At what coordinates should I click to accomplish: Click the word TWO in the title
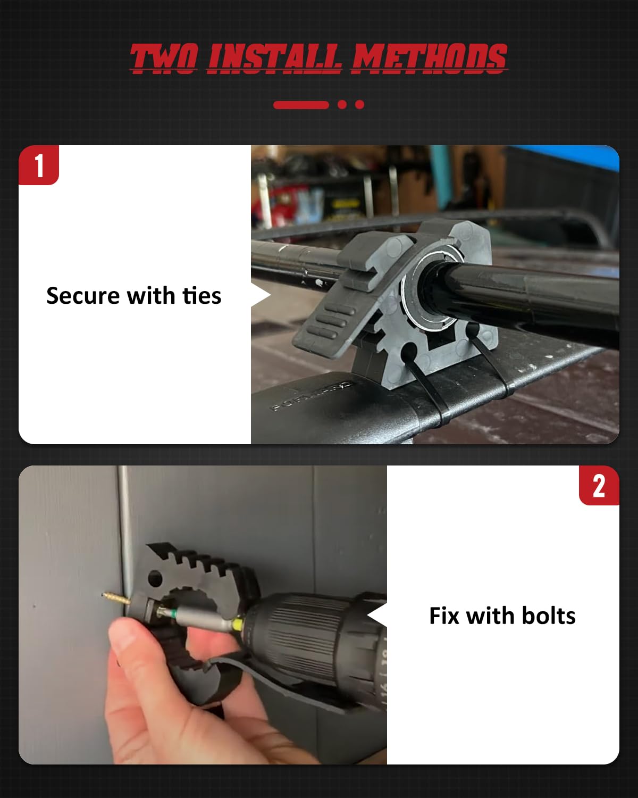[164, 58]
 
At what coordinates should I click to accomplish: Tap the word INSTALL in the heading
[274, 58]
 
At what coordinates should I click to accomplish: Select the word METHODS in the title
[429, 58]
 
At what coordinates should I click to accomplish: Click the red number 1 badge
[39, 165]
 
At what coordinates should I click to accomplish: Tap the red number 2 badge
[599, 486]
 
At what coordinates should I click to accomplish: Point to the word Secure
[83, 296]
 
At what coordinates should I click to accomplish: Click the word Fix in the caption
[444, 616]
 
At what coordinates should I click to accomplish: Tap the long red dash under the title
[301, 105]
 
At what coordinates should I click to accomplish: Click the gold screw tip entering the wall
[114, 597]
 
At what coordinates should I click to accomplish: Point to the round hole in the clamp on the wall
[155, 578]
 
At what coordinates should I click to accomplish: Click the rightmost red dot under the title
[359, 105]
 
